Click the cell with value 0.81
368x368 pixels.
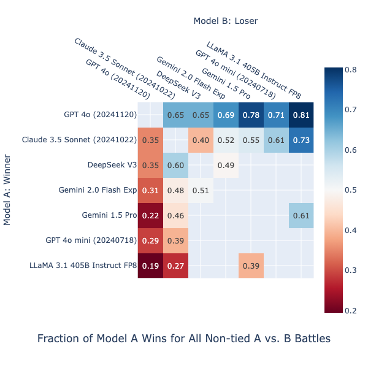(x=301, y=115)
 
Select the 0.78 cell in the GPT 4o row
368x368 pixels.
(x=251, y=115)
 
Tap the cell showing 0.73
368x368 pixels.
(x=301, y=140)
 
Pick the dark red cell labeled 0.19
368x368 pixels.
(x=150, y=266)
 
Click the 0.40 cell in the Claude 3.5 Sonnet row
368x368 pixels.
(x=201, y=140)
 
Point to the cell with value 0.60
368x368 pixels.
(x=175, y=165)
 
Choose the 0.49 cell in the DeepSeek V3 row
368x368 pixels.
(x=226, y=165)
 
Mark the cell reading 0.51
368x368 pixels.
(x=201, y=190)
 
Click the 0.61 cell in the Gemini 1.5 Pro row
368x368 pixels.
(x=301, y=215)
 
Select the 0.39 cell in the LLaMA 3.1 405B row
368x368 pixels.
(x=251, y=266)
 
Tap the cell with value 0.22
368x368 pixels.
(x=150, y=215)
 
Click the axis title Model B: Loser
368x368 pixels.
(x=225, y=21)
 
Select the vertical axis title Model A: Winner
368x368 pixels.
(x=7, y=190)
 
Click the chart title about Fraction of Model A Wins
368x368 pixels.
(x=184, y=338)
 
